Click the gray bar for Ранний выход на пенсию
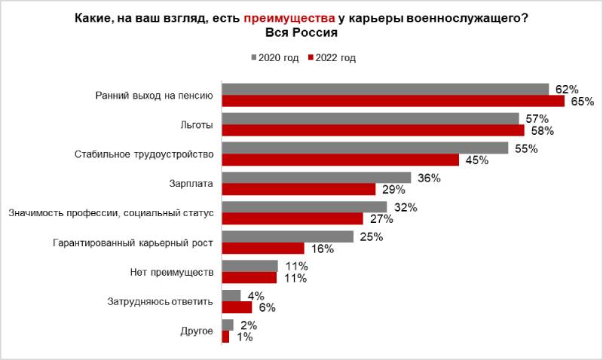385,89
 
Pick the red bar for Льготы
373,130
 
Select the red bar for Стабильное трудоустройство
340,160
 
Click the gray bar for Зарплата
317,178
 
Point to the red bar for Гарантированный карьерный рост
263,248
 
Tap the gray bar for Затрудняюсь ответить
231,295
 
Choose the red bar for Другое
225,337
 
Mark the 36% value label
429,178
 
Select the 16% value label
323,249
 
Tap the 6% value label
266,307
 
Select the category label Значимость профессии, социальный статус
112,213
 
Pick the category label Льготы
197,124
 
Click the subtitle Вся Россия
301,33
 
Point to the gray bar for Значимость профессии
305,207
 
